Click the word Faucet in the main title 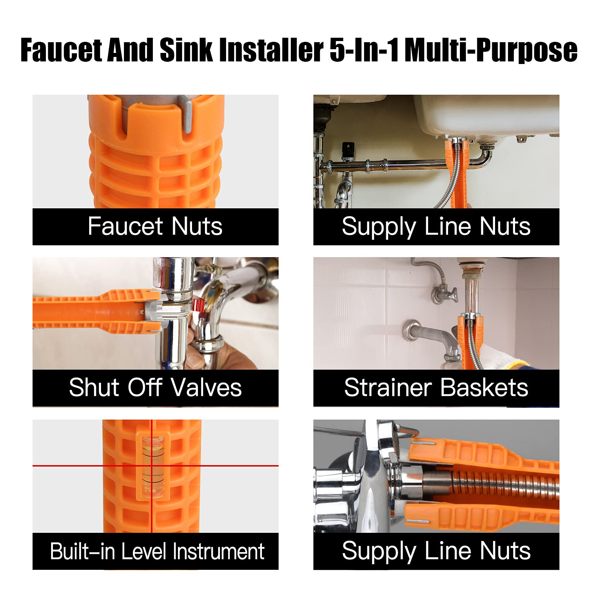pos(61,50)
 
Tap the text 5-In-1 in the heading pos(364,50)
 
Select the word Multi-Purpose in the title pos(491,50)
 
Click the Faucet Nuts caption pos(155,226)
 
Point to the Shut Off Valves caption pos(155,388)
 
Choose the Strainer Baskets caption pos(436,388)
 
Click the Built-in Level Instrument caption pos(157,551)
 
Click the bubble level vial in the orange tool pos(152,466)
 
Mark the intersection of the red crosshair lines pos(151,465)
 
